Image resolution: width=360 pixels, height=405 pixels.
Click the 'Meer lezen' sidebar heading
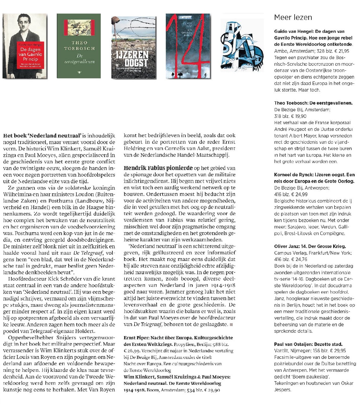(x=293, y=17)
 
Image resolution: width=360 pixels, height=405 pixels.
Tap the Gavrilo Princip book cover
(x=25, y=46)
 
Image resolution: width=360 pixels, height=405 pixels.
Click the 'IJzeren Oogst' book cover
(x=134, y=47)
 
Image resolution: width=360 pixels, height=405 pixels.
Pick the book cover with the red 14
(x=188, y=46)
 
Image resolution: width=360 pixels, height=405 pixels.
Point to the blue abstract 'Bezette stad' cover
(x=242, y=45)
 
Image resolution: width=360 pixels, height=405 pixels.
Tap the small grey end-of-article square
(x=231, y=324)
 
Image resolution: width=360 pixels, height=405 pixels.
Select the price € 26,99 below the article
(x=132, y=351)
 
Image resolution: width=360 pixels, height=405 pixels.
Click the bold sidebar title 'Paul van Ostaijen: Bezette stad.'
(x=308, y=344)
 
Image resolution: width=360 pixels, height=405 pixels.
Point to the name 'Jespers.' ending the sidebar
(x=283, y=390)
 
